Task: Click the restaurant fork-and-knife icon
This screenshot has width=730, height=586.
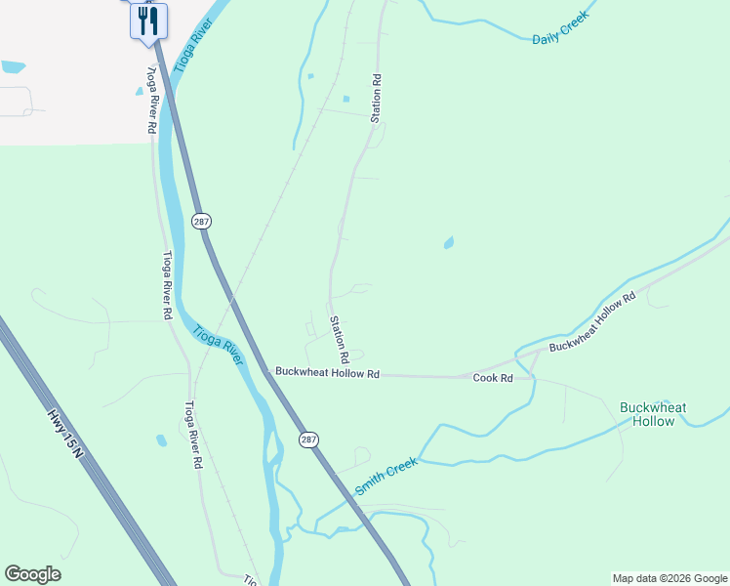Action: pyautogui.click(x=148, y=21)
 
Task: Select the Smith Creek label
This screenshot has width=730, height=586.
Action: pyautogui.click(x=386, y=476)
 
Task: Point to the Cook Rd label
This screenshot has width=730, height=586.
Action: pyautogui.click(x=493, y=378)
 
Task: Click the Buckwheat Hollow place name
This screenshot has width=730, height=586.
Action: pyautogui.click(x=653, y=414)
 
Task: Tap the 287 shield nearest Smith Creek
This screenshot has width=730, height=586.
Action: pyautogui.click(x=306, y=439)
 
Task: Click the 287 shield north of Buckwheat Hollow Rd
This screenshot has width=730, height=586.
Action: pyautogui.click(x=201, y=222)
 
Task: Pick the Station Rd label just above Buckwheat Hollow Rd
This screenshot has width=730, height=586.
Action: pyautogui.click(x=337, y=338)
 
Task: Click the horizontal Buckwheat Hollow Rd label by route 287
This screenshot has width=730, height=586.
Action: pyautogui.click(x=327, y=372)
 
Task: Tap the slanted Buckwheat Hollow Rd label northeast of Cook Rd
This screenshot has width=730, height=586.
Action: pyautogui.click(x=592, y=321)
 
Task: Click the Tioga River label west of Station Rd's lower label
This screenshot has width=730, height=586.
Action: pyautogui.click(x=218, y=344)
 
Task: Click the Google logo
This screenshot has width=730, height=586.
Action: pyautogui.click(x=32, y=574)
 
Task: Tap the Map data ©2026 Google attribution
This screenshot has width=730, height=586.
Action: pyautogui.click(x=669, y=578)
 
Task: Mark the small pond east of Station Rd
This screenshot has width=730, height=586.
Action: pyautogui.click(x=448, y=242)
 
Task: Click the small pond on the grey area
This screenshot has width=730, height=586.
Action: pyautogui.click(x=14, y=67)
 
